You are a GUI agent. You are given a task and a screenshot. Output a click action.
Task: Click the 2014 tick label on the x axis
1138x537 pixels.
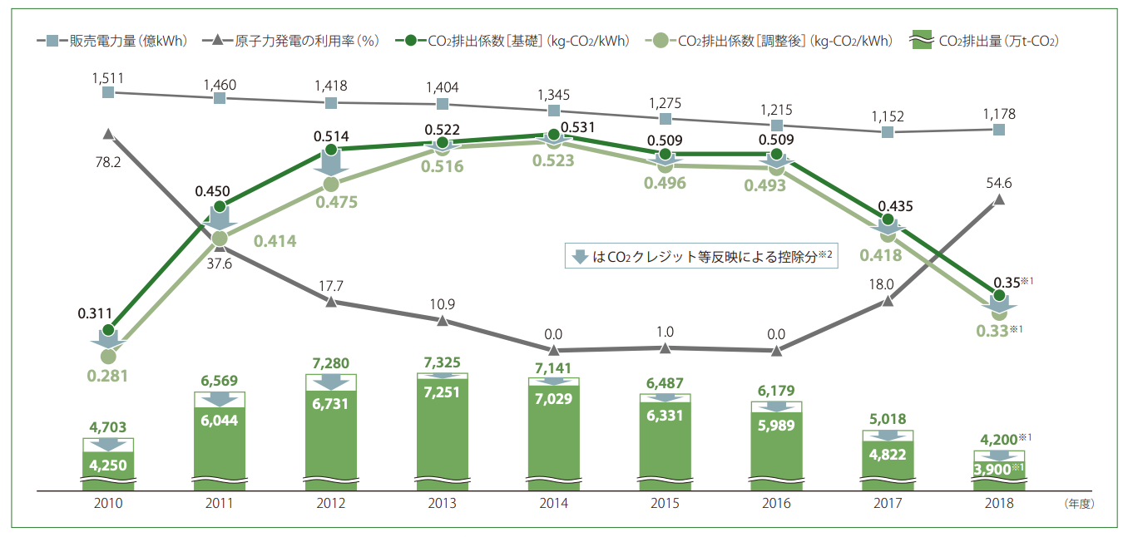pyautogui.click(x=553, y=504)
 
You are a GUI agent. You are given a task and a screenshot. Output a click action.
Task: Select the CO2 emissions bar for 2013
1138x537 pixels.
pyautogui.click(x=443, y=432)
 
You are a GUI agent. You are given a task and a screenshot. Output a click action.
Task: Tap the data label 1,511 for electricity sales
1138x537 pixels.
pyautogui.click(x=108, y=78)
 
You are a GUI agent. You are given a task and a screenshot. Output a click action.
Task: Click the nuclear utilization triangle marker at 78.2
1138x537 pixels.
pyautogui.click(x=108, y=133)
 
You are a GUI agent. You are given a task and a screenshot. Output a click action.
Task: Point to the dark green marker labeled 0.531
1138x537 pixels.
pyautogui.click(x=553, y=135)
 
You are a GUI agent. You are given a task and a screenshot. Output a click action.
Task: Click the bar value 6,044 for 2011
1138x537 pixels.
pyautogui.click(x=220, y=421)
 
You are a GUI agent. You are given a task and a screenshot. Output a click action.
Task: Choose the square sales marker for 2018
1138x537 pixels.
pyautogui.click(x=999, y=130)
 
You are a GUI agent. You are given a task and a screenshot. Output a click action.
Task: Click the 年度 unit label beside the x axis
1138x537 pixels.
pyautogui.click(x=1079, y=504)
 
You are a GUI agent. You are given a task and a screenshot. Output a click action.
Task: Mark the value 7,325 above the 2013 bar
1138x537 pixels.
pyautogui.click(x=443, y=362)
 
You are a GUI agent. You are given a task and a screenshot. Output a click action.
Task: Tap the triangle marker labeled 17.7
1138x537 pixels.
pyautogui.click(x=331, y=302)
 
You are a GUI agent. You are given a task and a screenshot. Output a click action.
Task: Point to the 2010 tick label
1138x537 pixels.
pyautogui.click(x=108, y=504)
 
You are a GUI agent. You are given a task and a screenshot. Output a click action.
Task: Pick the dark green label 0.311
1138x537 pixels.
pyautogui.click(x=94, y=313)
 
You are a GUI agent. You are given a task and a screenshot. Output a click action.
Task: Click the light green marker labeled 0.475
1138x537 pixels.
pyautogui.click(x=331, y=184)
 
